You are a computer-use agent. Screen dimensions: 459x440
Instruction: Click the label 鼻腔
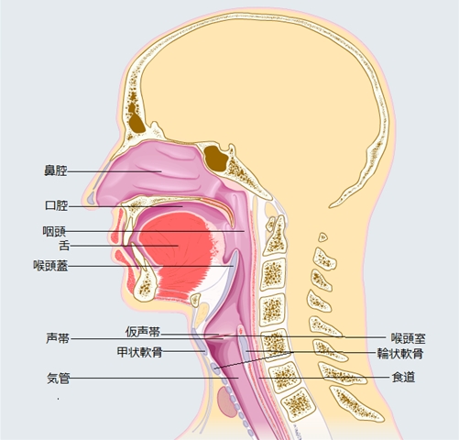click(x=56, y=170)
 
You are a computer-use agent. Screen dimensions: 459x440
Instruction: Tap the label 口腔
click(x=56, y=205)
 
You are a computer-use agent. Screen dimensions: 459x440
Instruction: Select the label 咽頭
click(x=54, y=232)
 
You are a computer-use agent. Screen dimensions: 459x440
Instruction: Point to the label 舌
click(x=64, y=246)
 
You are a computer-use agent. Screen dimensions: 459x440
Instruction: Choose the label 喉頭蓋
click(x=50, y=266)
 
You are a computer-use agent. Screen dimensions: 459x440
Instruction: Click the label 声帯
click(x=58, y=338)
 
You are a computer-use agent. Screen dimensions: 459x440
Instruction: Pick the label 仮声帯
click(x=143, y=332)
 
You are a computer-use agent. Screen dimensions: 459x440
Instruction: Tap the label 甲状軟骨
click(x=139, y=352)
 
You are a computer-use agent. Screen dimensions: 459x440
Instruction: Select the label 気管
click(x=59, y=379)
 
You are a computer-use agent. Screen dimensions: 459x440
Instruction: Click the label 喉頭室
click(x=409, y=338)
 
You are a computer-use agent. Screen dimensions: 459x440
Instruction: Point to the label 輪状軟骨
click(x=400, y=354)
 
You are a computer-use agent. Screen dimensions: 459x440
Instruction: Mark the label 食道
click(x=403, y=377)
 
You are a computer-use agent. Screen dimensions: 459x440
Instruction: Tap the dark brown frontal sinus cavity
click(x=136, y=118)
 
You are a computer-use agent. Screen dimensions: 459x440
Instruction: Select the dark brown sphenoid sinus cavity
click(x=215, y=159)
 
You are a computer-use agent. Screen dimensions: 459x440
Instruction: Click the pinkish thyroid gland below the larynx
click(x=227, y=401)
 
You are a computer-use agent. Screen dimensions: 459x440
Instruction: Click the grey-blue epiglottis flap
click(x=232, y=259)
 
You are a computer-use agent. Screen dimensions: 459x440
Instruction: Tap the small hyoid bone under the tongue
click(x=195, y=300)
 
